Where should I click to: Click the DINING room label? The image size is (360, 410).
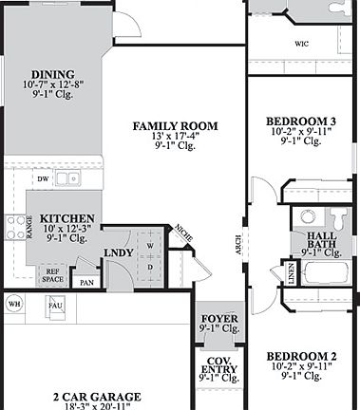pos(52,75)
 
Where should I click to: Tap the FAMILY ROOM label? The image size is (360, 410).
pos(176,126)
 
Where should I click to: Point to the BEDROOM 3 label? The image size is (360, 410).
pos(300,121)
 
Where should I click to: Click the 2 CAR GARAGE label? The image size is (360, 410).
pos(97,397)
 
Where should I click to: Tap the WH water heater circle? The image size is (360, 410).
pos(14,304)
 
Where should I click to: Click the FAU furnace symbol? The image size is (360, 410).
pos(56,306)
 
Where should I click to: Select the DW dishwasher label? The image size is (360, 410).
pos(43,177)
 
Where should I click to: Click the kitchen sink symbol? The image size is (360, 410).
pos(66,177)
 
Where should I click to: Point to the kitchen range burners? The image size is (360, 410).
pos(16,226)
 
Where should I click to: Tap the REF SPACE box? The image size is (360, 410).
pos(53,276)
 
